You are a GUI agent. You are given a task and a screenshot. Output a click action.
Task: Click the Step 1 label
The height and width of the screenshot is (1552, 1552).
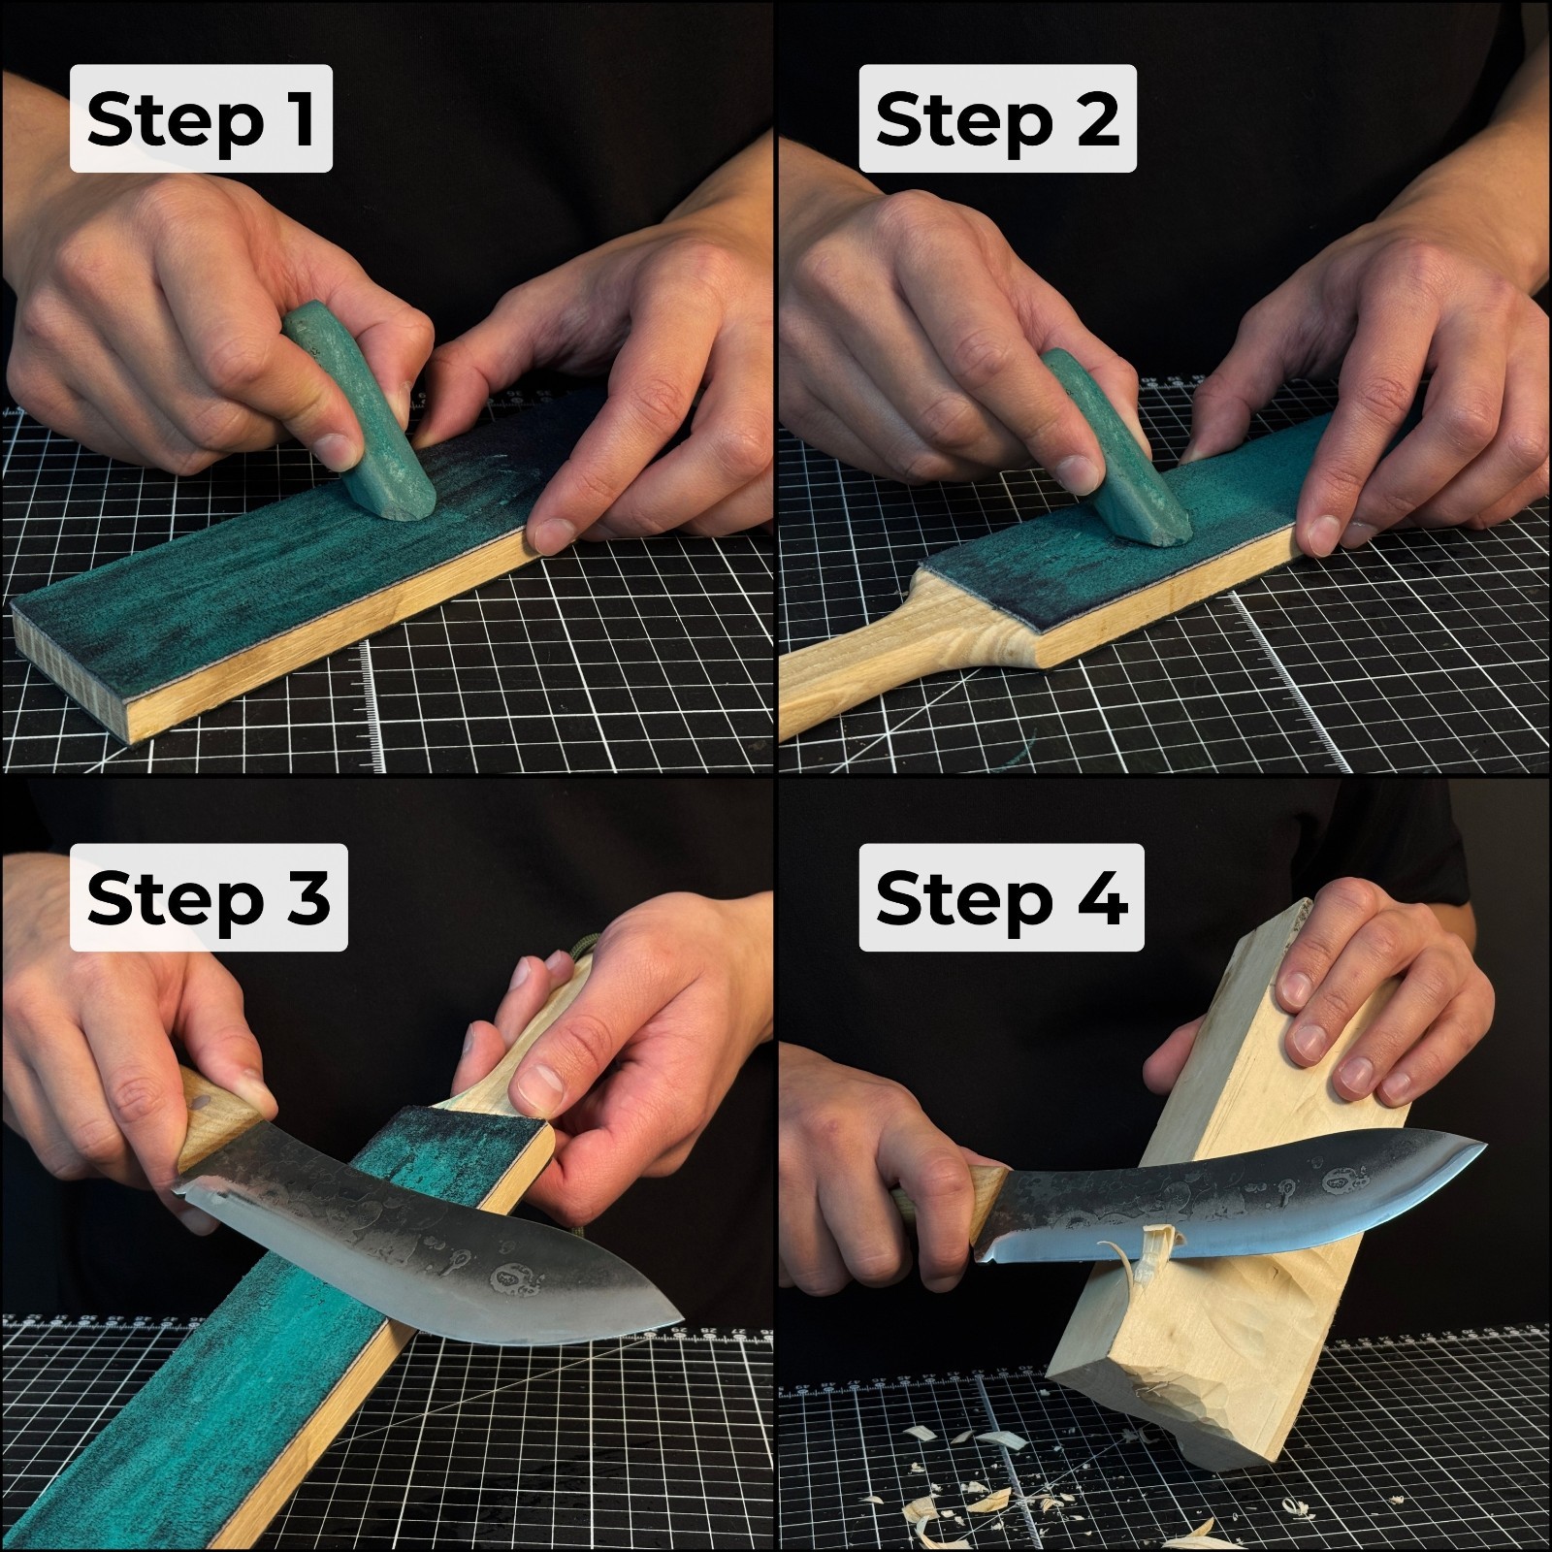[201, 119]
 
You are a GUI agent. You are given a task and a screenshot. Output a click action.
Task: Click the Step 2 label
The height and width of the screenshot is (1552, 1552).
[996, 119]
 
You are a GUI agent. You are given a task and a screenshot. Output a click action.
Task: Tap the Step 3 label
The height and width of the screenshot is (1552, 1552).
[208, 897]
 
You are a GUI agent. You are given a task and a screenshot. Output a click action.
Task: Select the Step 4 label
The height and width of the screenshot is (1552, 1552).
[1000, 897]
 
